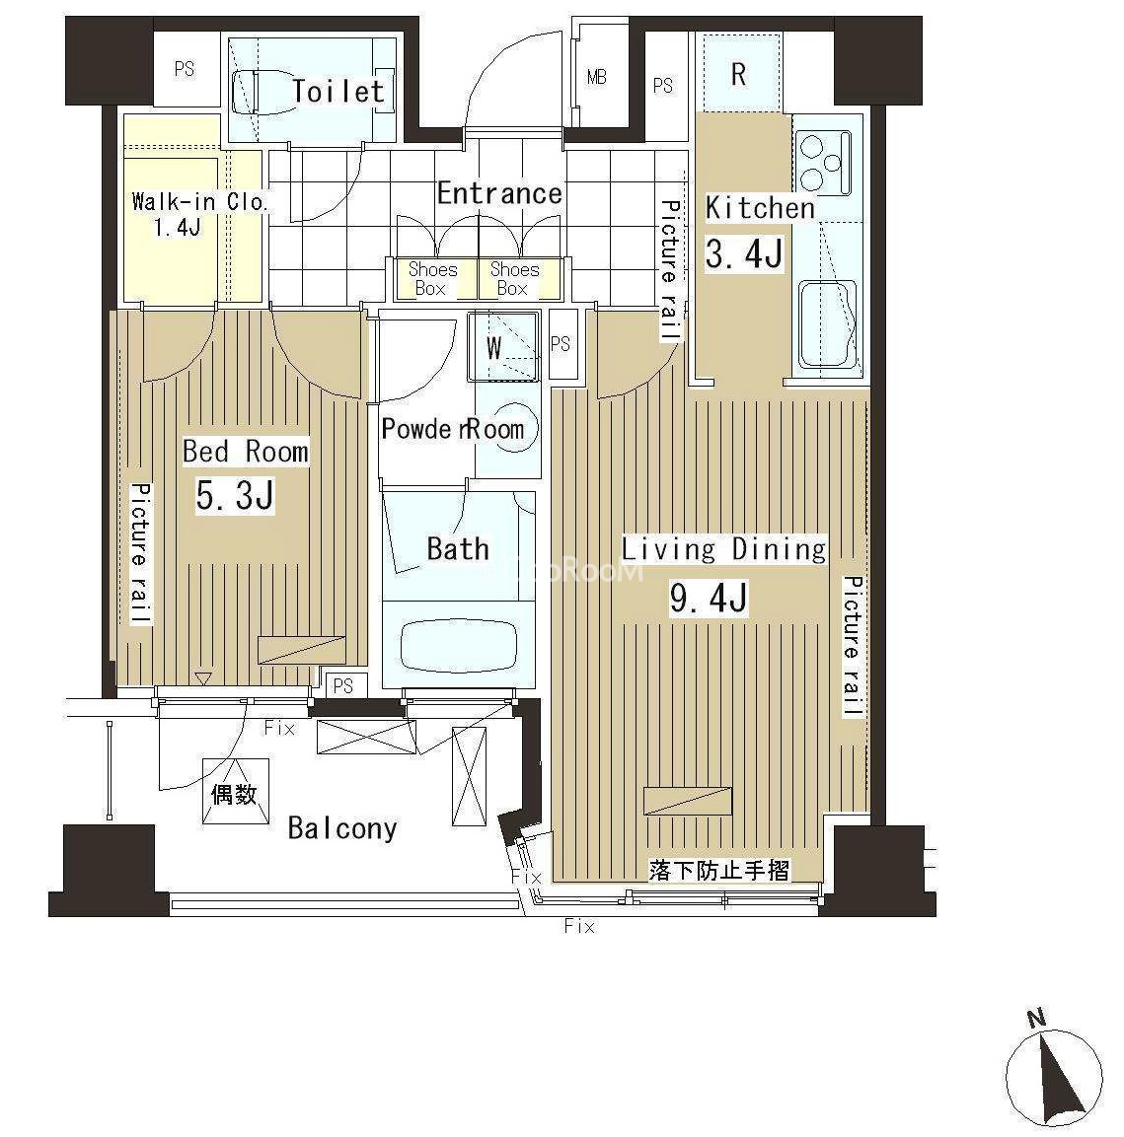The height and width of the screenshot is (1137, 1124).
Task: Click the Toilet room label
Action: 337,92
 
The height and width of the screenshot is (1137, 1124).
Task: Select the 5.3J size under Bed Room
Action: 235,496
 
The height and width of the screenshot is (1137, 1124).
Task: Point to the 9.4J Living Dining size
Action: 709,598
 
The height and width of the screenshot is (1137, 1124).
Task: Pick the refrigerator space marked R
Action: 738,74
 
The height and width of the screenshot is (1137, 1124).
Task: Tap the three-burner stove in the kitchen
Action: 824,163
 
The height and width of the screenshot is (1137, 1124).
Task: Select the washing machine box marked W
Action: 503,347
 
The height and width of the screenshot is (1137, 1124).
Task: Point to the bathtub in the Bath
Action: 459,645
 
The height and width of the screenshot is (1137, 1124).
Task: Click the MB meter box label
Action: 596,76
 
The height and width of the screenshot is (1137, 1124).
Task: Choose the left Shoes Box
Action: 433,279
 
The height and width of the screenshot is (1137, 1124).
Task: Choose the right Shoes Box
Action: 515,279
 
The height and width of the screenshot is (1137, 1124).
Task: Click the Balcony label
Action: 342,828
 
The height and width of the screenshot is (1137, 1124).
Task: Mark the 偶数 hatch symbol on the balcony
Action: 235,792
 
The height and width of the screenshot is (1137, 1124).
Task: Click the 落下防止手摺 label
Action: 719,870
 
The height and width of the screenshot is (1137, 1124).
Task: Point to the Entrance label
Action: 499,193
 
